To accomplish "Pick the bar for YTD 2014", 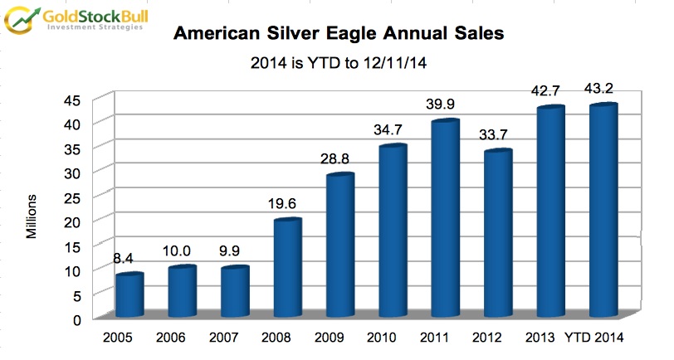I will (x=602, y=212).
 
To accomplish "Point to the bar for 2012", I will (x=496, y=235).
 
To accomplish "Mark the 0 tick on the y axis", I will (x=76, y=319).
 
